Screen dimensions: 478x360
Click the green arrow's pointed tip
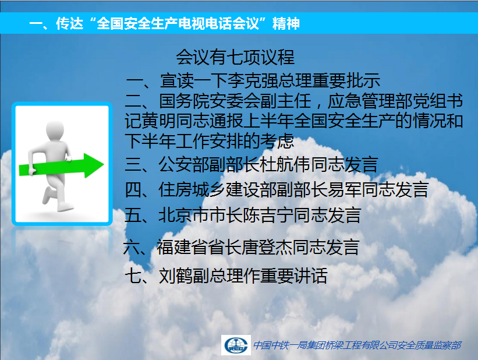104,165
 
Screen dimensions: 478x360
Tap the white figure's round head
55,130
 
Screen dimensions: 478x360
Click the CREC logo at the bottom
236,345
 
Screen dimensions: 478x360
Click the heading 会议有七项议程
235,57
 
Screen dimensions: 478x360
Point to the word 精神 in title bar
286,23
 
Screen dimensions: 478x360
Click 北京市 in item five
184,215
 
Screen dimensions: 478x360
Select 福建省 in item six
182,247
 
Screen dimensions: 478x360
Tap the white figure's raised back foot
47,195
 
